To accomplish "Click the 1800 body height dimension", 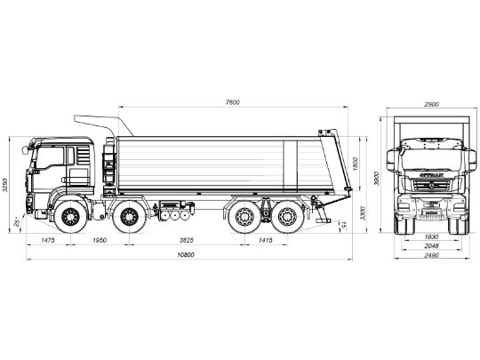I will coord(355,164).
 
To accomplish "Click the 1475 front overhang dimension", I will coord(48,241).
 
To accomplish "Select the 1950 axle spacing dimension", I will coord(100,241).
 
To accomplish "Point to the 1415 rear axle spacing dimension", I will coord(267,241).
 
